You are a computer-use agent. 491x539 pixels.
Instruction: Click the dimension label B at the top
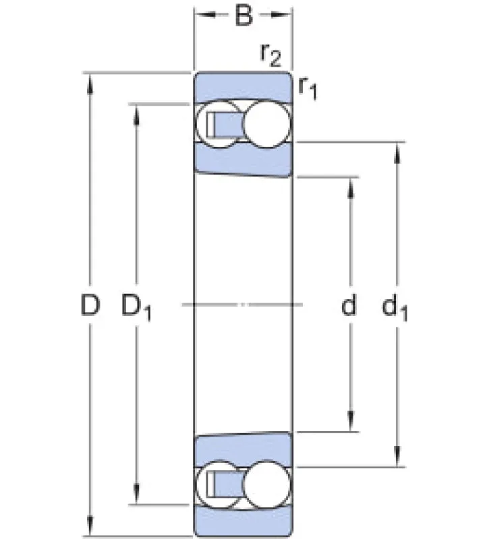pyautogui.click(x=243, y=15)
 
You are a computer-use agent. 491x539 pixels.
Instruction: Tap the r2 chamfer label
pyautogui.click(x=270, y=55)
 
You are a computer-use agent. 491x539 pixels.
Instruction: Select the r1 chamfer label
pyautogui.click(x=308, y=88)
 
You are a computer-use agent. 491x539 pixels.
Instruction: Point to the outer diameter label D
pyautogui.click(x=90, y=305)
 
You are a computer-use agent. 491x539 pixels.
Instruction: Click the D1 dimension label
pyautogui.click(x=136, y=307)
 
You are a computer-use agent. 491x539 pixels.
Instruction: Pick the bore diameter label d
pyautogui.click(x=349, y=305)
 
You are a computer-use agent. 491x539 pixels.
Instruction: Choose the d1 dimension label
pyautogui.click(x=395, y=307)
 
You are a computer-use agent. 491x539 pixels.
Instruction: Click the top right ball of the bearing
pyautogui.click(x=266, y=125)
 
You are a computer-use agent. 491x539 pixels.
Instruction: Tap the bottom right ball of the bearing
pyautogui.click(x=266, y=485)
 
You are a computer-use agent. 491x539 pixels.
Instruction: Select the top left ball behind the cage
pyautogui.click(x=203, y=125)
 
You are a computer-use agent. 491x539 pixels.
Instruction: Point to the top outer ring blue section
pyautogui.click(x=243, y=88)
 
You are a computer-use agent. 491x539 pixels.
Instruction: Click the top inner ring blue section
pyautogui.click(x=243, y=160)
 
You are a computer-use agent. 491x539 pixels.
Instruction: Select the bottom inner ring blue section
pyautogui.click(x=243, y=450)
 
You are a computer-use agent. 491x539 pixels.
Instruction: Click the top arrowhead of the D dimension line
pyautogui.click(x=90, y=82)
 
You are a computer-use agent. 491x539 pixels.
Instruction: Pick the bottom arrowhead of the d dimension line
pyautogui.click(x=351, y=422)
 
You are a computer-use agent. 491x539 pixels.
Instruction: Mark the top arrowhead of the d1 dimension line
pyautogui.click(x=397, y=153)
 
